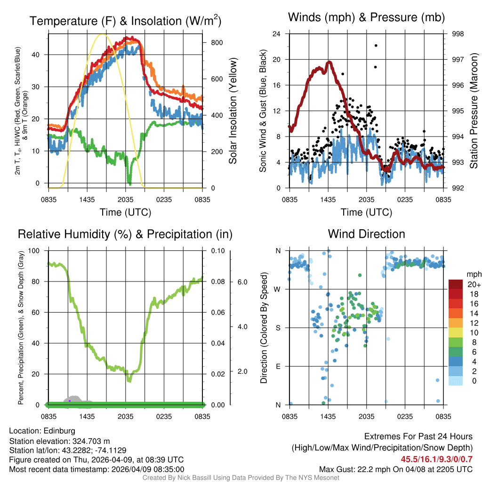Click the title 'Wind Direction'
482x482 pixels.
click(366, 234)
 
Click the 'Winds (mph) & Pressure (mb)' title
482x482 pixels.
click(366, 17)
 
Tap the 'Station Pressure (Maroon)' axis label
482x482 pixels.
click(474, 111)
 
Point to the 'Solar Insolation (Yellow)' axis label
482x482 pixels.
click(233, 111)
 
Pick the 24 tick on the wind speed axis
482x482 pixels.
click(277, 34)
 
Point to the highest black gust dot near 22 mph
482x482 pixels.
click(376, 45)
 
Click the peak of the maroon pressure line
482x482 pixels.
click(329, 62)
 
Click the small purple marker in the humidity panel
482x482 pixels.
click(70, 401)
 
